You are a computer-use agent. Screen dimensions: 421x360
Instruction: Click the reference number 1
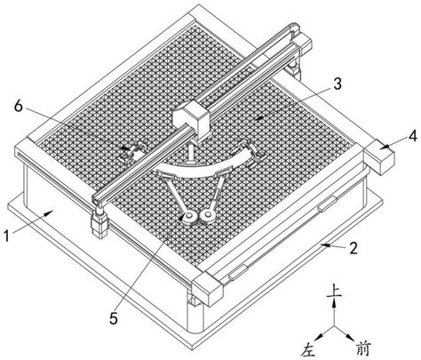pyautogui.click(x=6, y=236)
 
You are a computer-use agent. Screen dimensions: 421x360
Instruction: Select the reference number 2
pyautogui.click(x=353, y=248)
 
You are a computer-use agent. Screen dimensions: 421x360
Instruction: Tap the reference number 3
pyautogui.click(x=338, y=84)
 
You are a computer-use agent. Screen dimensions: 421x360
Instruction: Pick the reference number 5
pyautogui.click(x=114, y=318)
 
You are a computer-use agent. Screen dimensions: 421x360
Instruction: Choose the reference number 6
pyautogui.click(x=19, y=106)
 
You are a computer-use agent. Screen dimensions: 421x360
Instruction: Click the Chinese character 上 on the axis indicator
pyautogui.click(x=334, y=291)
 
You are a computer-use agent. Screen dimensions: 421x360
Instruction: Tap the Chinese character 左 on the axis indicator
pyautogui.click(x=308, y=349)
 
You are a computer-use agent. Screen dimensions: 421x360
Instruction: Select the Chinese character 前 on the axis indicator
pyautogui.click(x=363, y=348)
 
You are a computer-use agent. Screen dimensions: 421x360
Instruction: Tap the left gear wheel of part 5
pyautogui.click(x=189, y=218)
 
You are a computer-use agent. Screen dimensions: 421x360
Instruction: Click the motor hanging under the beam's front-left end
pyautogui.click(x=99, y=224)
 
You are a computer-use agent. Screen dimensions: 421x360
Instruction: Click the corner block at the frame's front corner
pyautogui.click(x=207, y=289)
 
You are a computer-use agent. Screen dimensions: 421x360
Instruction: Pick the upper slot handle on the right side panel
pyautogui.click(x=327, y=204)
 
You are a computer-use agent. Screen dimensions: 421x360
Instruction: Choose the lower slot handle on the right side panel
pyautogui.click(x=238, y=272)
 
